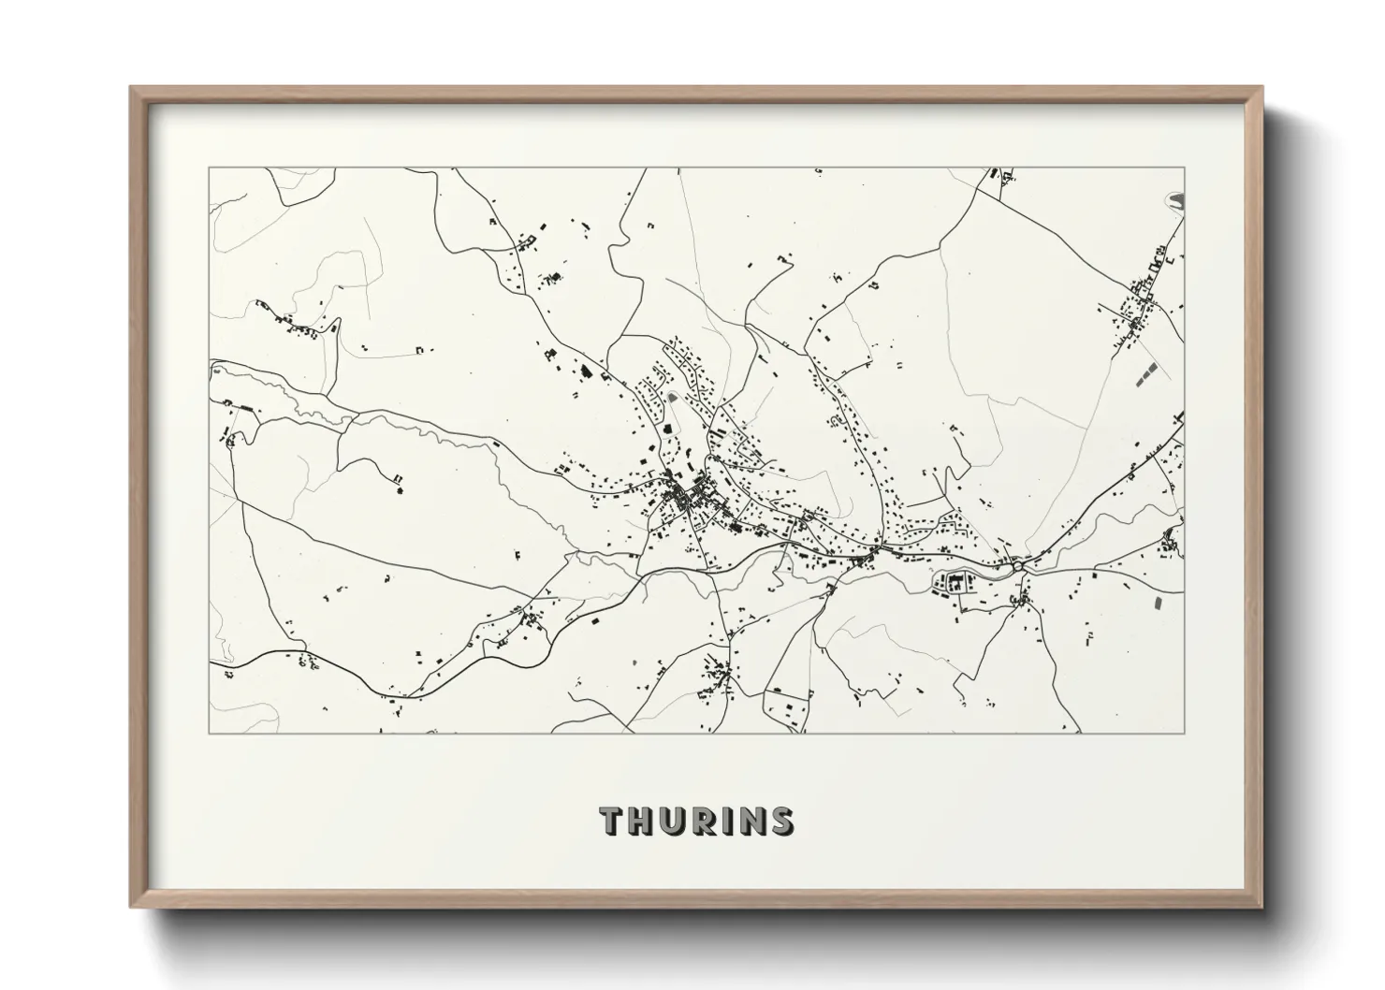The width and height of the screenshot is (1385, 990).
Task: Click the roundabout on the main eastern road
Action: coord(1017,565)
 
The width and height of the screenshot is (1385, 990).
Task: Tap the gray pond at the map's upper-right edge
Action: coord(1178,199)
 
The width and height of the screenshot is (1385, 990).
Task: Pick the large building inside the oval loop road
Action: coord(956,584)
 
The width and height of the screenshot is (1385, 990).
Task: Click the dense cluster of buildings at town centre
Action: coord(688,496)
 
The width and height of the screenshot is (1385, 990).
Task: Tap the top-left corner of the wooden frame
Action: coord(132,88)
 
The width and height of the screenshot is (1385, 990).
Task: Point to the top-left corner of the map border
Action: coord(209,167)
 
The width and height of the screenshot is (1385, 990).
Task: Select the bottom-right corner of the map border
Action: coord(1184,733)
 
